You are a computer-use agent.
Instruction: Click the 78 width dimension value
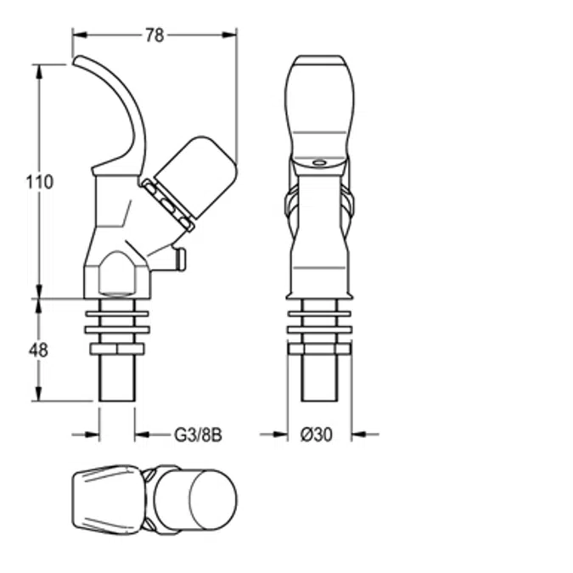click(154, 35)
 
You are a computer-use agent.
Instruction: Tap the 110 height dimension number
click(39, 182)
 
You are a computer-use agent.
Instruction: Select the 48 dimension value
click(39, 349)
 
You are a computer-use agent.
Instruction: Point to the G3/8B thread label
click(198, 434)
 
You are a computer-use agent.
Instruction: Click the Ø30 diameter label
click(317, 434)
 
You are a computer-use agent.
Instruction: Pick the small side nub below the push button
click(179, 258)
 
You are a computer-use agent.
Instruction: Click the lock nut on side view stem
click(117, 350)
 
